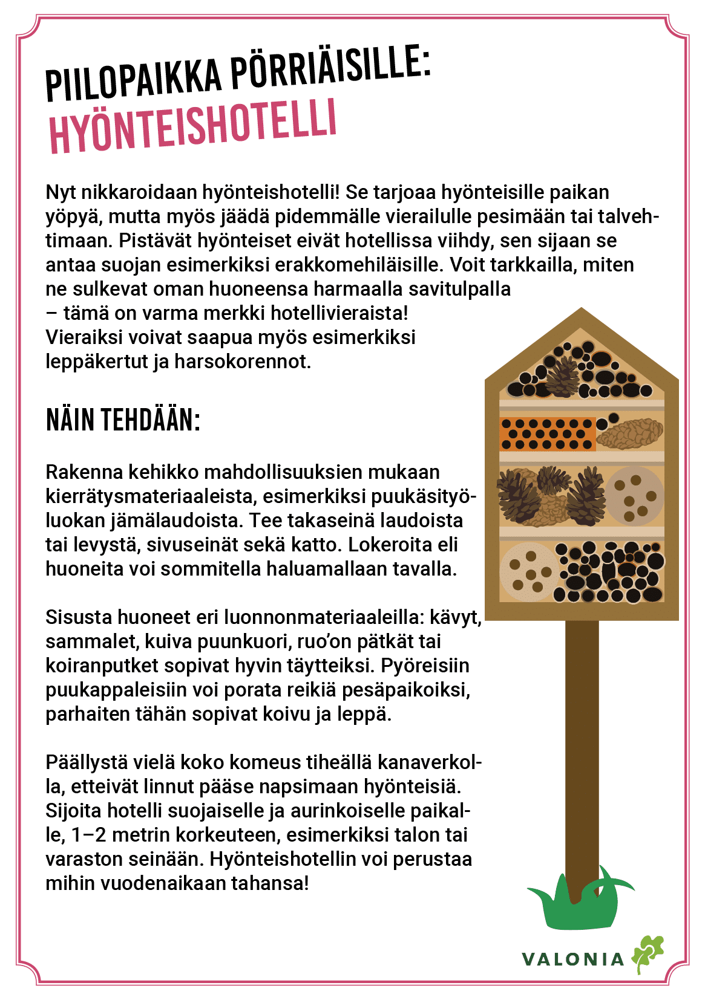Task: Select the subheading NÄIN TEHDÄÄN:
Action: click(123, 420)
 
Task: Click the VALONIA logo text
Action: click(572, 959)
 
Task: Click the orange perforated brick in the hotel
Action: click(547, 433)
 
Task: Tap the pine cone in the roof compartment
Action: click(563, 376)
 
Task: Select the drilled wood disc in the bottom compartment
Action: click(528, 571)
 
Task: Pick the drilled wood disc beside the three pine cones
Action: click(634, 496)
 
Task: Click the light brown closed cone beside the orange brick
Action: click(630, 433)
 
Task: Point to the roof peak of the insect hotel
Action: click(582, 311)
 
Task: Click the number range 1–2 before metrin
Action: click(88, 835)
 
